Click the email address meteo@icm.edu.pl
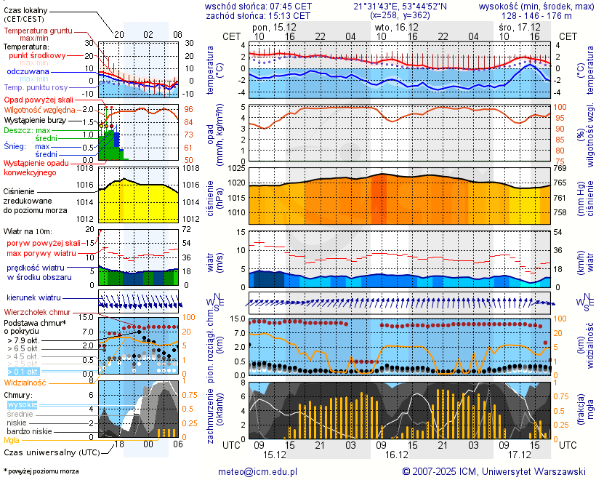point(258,471)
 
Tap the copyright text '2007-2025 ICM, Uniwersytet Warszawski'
point(494,471)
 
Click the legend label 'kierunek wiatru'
point(33,298)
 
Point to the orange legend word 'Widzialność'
point(25,382)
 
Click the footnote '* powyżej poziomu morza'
point(41,471)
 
